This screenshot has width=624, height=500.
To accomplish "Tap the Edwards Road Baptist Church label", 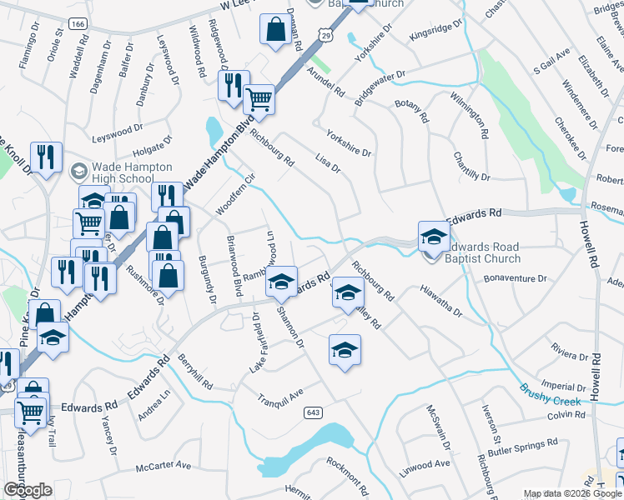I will point(482,252).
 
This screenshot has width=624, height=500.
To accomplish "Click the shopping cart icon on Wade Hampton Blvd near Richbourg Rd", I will point(259,99).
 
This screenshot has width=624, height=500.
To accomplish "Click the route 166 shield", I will point(78,25).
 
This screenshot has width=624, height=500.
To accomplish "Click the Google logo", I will point(27,490).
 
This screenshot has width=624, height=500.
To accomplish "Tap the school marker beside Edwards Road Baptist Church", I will point(434,237).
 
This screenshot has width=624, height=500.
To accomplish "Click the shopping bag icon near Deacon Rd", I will point(274,29).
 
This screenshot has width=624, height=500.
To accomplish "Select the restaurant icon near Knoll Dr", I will point(45,156).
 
